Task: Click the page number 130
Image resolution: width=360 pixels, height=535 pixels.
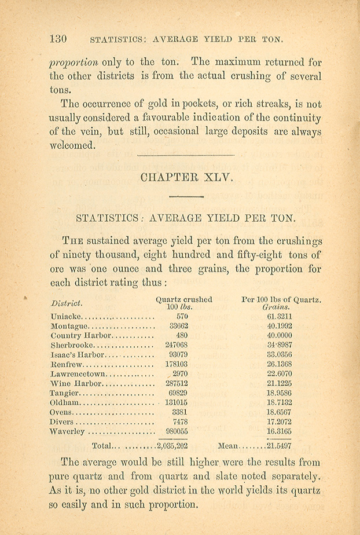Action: (58, 39)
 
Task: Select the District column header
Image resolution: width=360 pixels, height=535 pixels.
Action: (67, 303)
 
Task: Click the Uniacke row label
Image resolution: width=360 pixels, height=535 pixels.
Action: (67, 317)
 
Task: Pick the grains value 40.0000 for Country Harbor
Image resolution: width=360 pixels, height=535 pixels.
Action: (280, 335)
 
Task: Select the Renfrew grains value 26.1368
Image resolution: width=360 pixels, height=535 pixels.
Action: (280, 364)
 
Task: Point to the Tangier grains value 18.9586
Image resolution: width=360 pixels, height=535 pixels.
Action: (280, 393)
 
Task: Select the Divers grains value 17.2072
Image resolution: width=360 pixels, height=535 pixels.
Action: (280, 422)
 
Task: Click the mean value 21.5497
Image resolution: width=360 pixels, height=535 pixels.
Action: (279, 446)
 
